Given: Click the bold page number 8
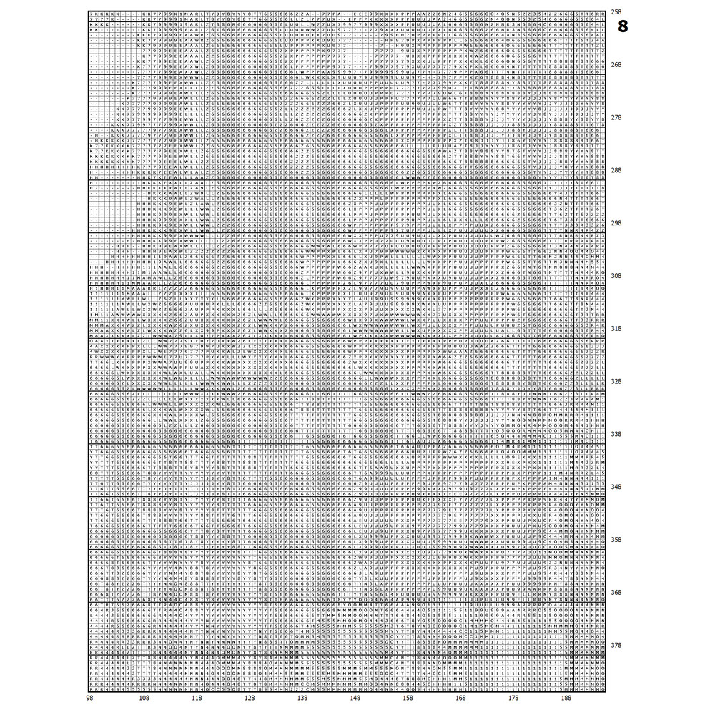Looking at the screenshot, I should pos(623,27).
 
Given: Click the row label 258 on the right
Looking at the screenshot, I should pos(616,12).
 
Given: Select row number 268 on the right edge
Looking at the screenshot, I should pos(616,65).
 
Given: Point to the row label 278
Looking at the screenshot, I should pos(616,117).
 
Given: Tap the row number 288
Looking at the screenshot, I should pos(616,170).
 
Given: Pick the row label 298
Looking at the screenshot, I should pos(616,223).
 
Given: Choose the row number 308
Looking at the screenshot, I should pos(616,276).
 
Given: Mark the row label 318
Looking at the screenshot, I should pos(616,329).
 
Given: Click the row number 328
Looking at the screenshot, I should pos(616,382).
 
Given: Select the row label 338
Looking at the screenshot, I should pos(616,434).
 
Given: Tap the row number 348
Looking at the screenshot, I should pos(616,487).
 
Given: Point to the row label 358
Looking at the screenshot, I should pos(616,540).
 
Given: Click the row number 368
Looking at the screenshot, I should pos(616,593).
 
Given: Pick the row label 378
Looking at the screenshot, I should pos(616,646).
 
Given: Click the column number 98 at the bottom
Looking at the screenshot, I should pos(89,699).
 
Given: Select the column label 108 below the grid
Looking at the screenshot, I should pos(144,699).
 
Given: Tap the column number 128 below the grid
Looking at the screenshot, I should pos(250,699).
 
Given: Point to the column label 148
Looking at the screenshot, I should pos(355,699).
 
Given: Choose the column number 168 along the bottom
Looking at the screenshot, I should pos(460,699).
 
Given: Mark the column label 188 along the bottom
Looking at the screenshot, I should pos(566,699).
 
